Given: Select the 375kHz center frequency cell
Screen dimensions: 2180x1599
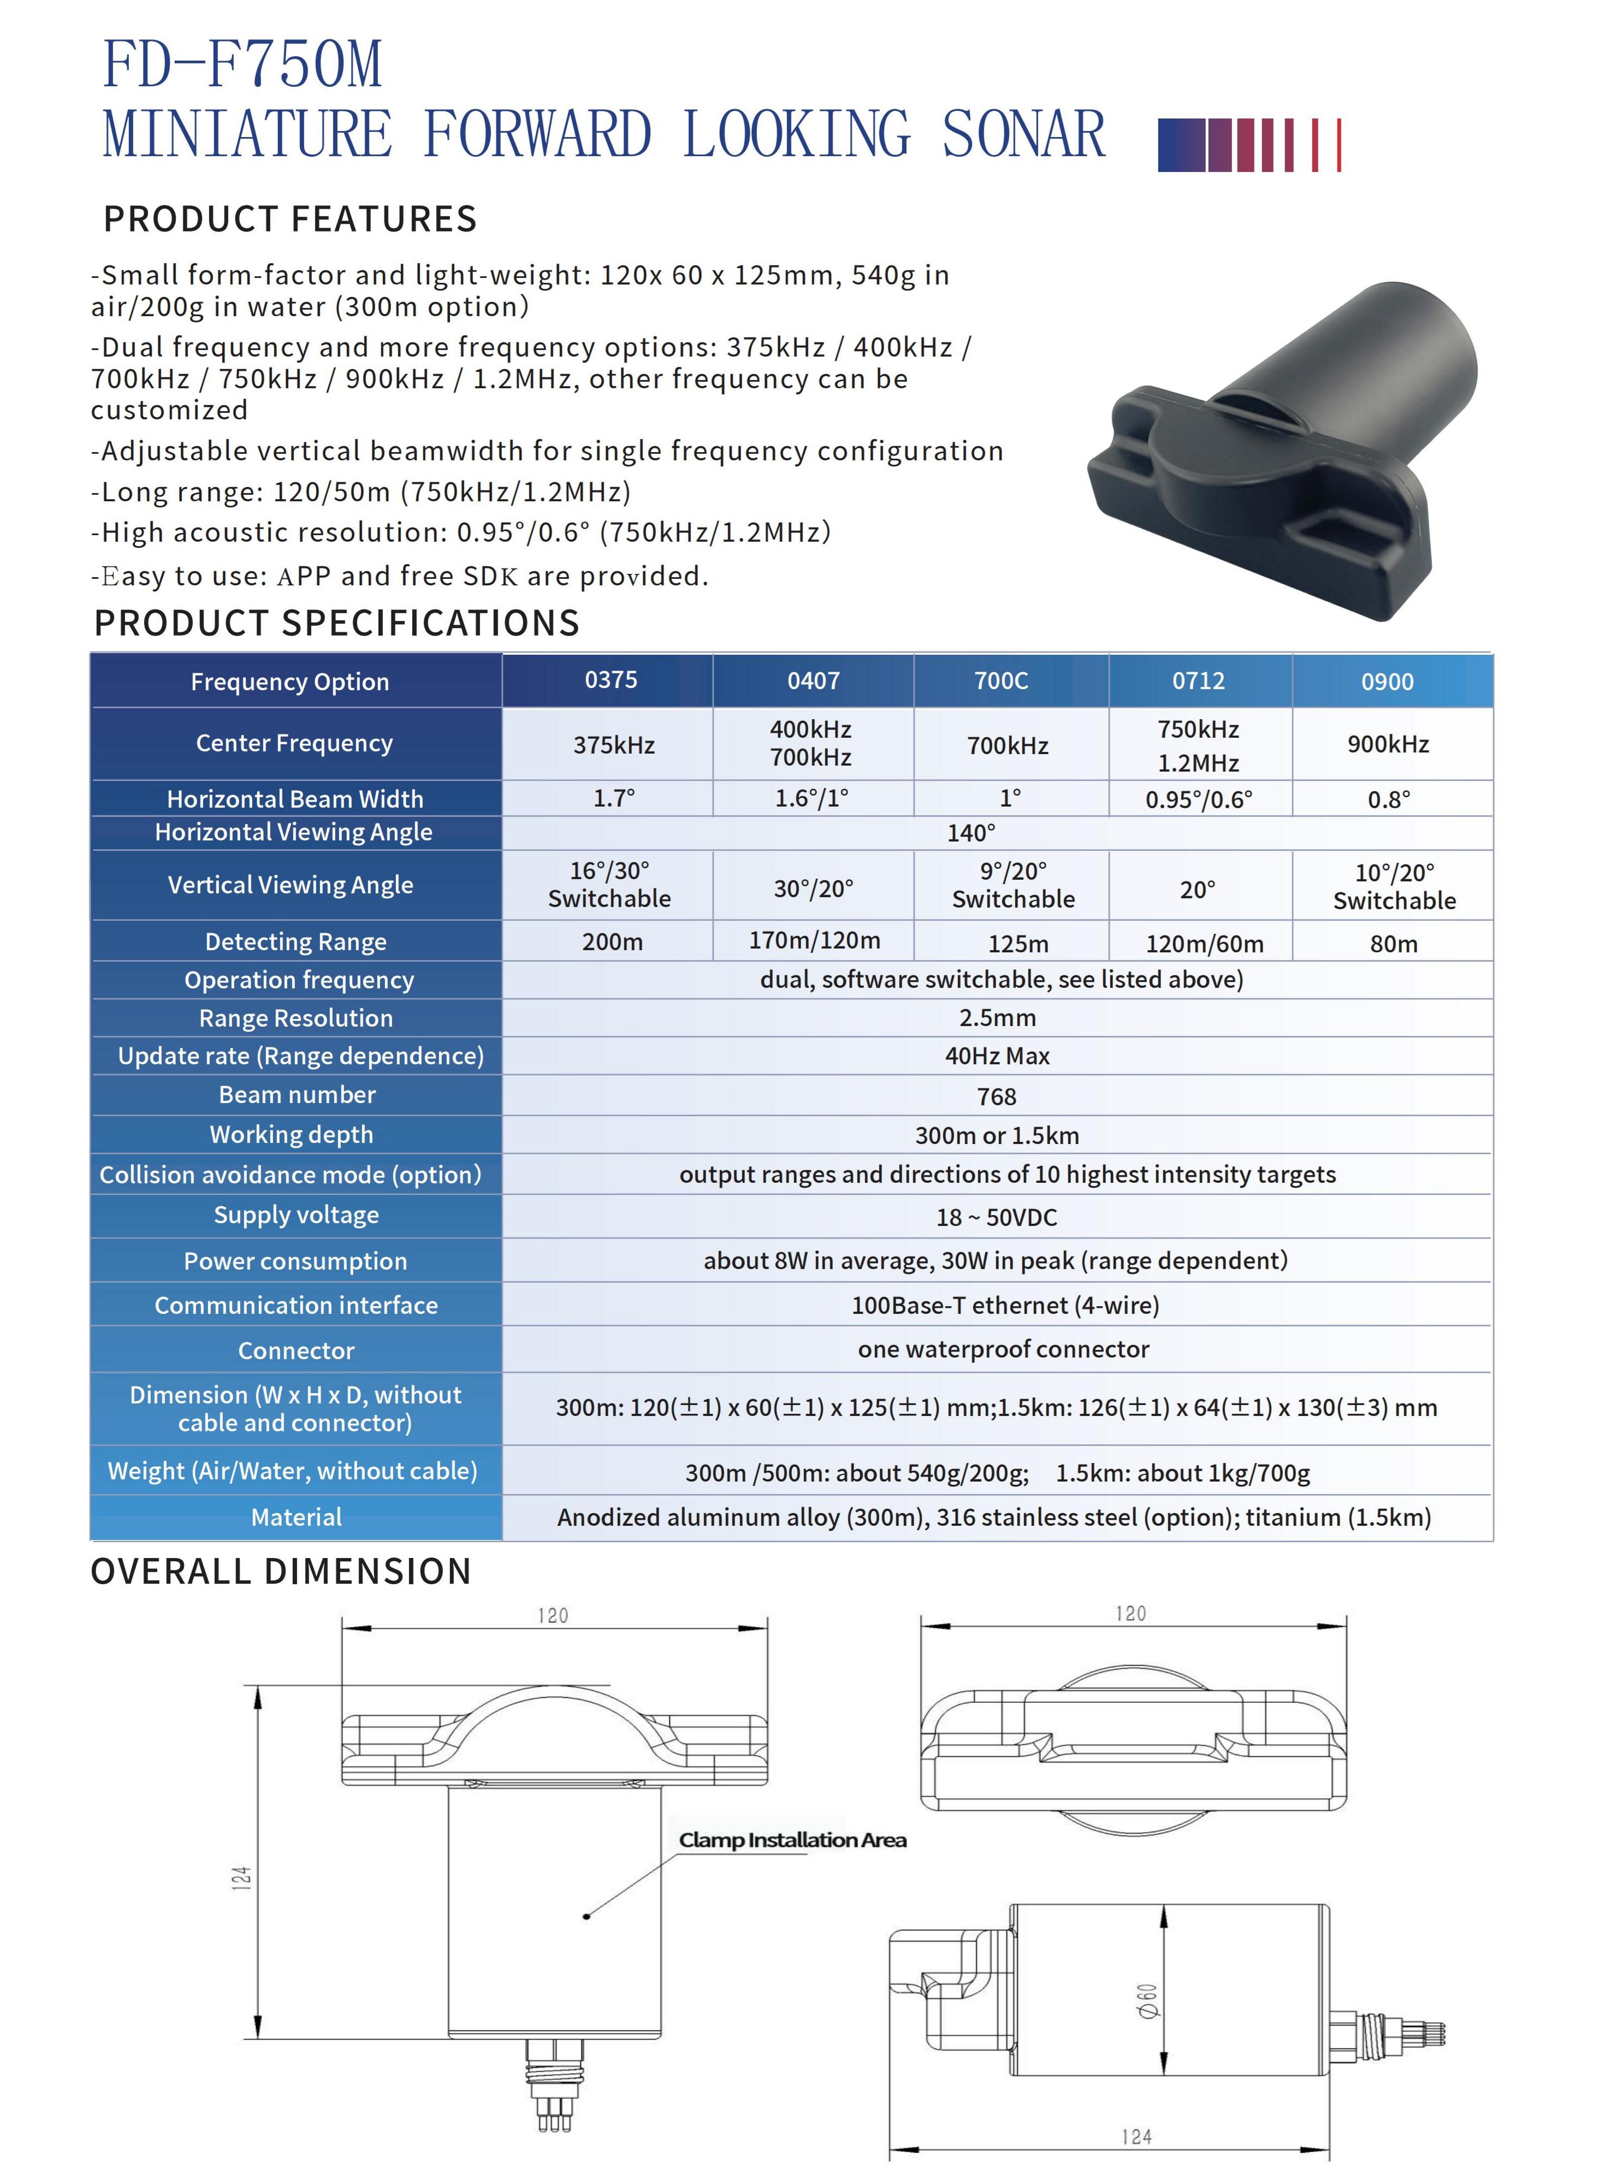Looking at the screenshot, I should tap(614, 744).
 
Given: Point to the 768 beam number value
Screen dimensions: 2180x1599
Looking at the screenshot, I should tap(997, 1096).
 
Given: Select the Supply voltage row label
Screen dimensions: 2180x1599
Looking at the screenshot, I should tap(296, 1215).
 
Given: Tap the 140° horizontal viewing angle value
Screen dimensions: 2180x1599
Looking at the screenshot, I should tap(971, 832).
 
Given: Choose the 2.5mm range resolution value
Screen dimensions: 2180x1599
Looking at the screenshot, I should tap(997, 1017).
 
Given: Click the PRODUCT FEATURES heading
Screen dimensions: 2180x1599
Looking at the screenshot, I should tap(291, 220).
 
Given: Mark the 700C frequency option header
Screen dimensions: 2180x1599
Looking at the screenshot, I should tap(1001, 680).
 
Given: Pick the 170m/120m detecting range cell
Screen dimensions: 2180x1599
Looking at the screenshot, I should tap(814, 940).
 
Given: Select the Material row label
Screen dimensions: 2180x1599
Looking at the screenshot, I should tap(296, 1517).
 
